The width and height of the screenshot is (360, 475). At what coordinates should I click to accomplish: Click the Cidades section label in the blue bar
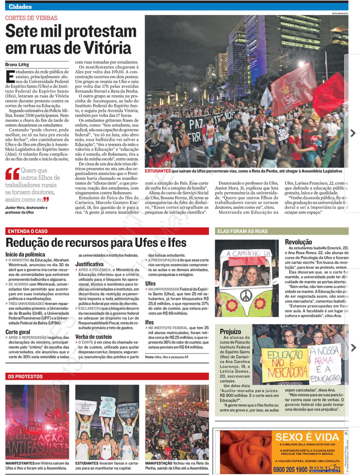(x=20, y=7)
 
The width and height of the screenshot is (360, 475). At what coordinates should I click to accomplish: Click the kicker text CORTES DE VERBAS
(x=31, y=18)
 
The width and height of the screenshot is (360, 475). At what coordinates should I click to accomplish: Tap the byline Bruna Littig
(x=17, y=64)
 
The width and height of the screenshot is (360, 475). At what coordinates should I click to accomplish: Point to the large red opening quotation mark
(x=12, y=174)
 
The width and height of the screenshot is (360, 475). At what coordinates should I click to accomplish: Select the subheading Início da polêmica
(x=25, y=254)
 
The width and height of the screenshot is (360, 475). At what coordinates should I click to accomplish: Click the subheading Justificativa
(x=89, y=264)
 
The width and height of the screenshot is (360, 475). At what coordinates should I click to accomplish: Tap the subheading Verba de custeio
(x=94, y=337)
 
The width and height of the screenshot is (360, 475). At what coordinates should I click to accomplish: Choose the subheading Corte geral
(x=18, y=332)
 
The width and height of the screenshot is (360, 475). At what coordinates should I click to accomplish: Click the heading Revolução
(x=298, y=242)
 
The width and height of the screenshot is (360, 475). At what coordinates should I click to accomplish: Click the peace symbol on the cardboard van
(x=245, y=296)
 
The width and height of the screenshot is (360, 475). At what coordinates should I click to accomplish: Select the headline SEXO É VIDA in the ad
(x=307, y=437)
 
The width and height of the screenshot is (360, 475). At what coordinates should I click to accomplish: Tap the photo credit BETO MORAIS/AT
(x=340, y=13)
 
